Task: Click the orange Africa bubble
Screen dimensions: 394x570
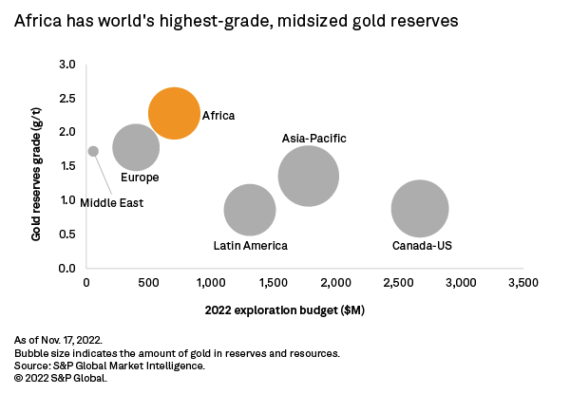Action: point(174,114)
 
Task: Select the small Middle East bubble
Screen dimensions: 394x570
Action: point(93,151)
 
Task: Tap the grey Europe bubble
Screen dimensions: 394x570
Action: point(136,147)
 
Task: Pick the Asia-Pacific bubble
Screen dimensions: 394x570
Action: point(309,176)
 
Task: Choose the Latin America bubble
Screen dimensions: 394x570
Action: point(250,211)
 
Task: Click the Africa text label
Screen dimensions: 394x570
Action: point(218,116)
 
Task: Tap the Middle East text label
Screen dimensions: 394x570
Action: point(111,202)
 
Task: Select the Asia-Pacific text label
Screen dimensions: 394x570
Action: point(314,139)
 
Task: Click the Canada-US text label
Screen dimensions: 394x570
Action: point(422,246)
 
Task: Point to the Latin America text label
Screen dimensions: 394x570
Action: point(250,246)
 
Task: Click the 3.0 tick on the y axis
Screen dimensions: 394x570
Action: point(67,64)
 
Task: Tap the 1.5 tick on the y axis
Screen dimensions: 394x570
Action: point(67,166)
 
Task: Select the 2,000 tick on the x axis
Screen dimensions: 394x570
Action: point(336,283)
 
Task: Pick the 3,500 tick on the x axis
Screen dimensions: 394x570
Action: point(523,283)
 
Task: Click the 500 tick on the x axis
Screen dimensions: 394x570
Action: point(148,283)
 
